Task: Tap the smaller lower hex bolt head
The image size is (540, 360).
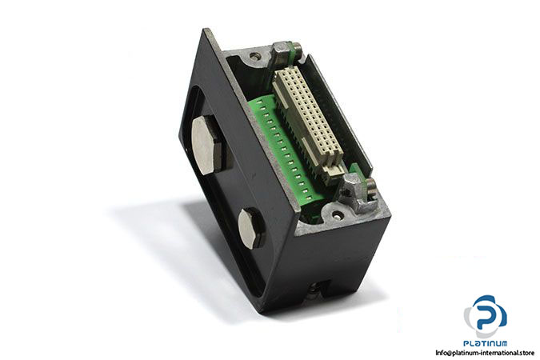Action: [x=250, y=228]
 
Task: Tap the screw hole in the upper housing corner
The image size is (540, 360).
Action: [x=254, y=54]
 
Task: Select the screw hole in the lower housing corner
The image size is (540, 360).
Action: [x=337, y=216]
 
